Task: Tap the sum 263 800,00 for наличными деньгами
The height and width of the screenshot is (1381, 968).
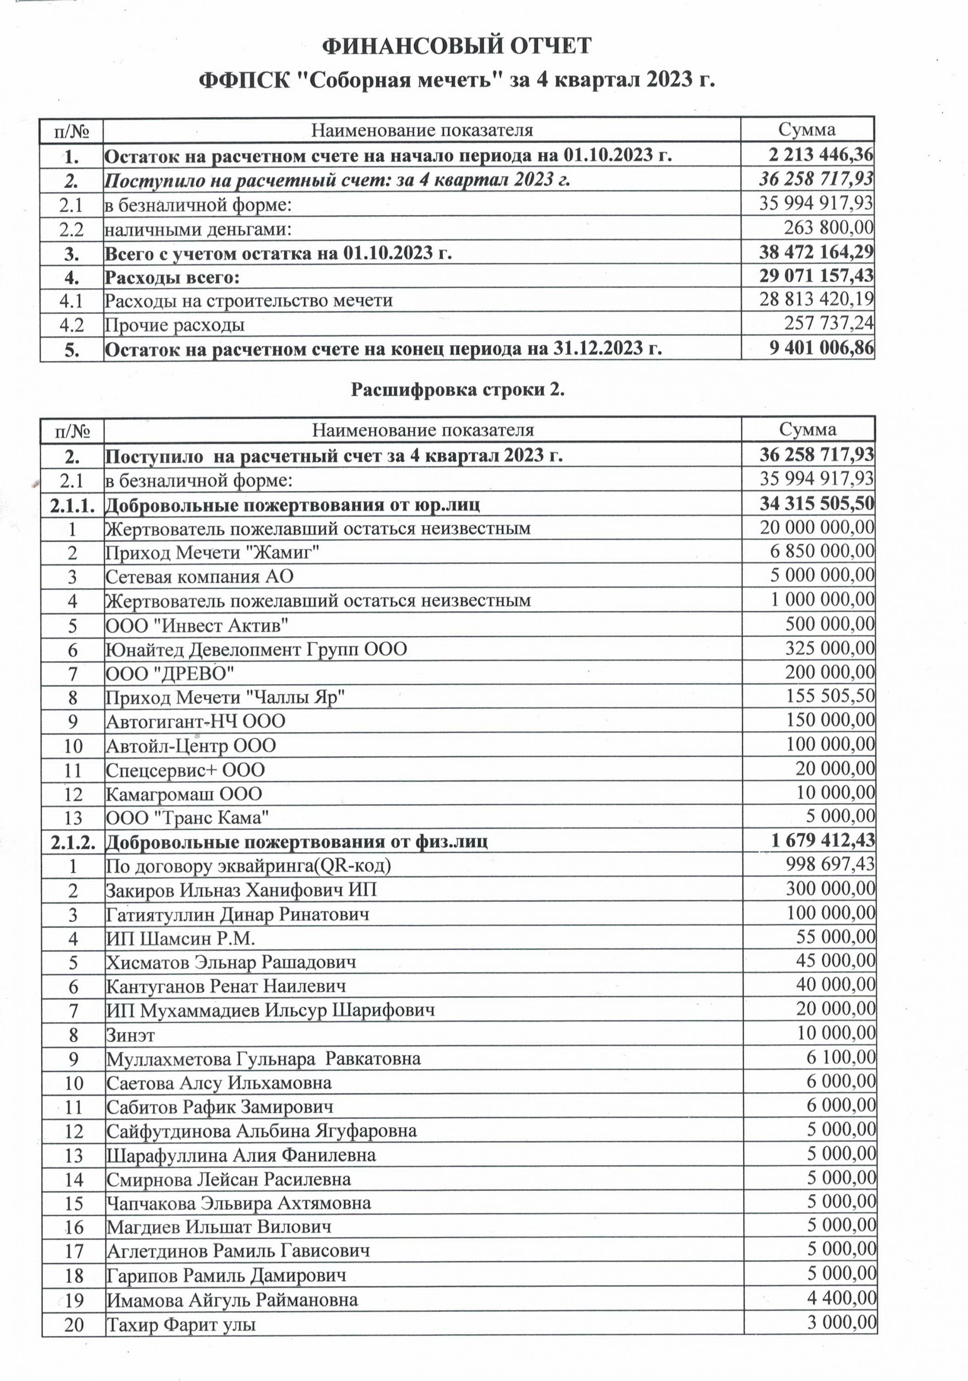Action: click(x=829, y=228)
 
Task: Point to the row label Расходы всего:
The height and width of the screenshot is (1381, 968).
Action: click(x=172, y=277)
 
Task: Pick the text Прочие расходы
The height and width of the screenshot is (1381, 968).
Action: click(x=175, y=325)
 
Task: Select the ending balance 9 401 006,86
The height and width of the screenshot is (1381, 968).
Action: click(x=821, y=348)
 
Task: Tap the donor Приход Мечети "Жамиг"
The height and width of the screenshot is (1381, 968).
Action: click(x=212, y=552)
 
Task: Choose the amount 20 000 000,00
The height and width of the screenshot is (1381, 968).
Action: click(x=817, y=528)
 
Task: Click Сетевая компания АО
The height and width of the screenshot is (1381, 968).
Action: click(x=200, y=576)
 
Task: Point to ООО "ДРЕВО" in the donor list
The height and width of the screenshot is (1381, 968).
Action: click(x=170, y=673)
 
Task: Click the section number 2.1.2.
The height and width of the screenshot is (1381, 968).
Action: click(x=73, y=841)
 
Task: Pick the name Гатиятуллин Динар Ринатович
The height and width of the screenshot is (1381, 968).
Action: click(x=238, y=914)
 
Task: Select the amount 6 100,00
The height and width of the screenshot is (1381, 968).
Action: click(x=841, y=1057)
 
